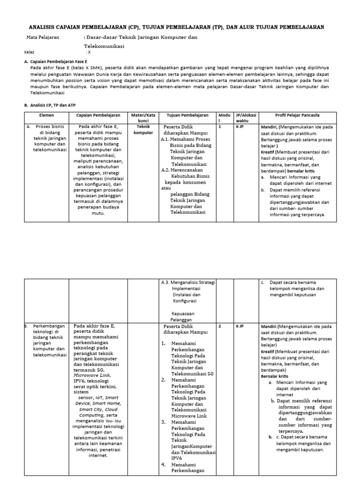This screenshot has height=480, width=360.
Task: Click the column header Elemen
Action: click(x=46, y=115)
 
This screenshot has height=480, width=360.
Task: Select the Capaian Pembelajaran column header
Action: click(x=98, y=115)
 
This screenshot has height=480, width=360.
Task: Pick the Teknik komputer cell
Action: click(x=143, y=129)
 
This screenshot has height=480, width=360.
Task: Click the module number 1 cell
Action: click(x=219, y=127)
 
